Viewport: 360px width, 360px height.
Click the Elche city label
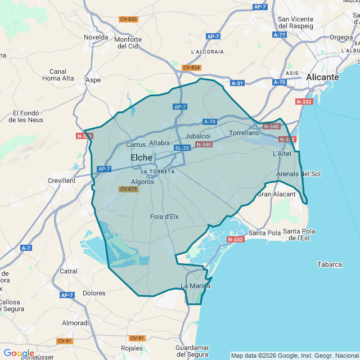coord(141,158)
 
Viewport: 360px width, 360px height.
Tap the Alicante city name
coord(322,77)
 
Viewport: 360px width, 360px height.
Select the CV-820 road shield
coord(128,19)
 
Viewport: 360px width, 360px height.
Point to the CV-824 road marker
coord(191,67)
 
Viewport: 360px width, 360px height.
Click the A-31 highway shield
coord(238,83)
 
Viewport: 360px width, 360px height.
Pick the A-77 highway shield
coord(280,34)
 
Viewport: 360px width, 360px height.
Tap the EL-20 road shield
coord(182,148)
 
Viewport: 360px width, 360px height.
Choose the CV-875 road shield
coord(128,189)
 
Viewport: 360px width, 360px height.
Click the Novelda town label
coord(96,37)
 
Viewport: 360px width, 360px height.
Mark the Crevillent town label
coord(61,181)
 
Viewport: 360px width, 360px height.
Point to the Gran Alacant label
coord(276,194)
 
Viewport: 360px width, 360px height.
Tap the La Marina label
coord(195,286)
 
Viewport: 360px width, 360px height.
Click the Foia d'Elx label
coord(164,217)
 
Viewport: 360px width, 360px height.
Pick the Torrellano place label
coord(244,133)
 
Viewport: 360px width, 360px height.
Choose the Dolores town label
coord(94,293)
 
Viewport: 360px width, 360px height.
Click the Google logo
coord(19,353)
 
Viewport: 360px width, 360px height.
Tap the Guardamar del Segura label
coord(192,351)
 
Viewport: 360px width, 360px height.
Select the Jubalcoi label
coord(197,136)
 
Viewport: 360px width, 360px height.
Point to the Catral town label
coord(69,271)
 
